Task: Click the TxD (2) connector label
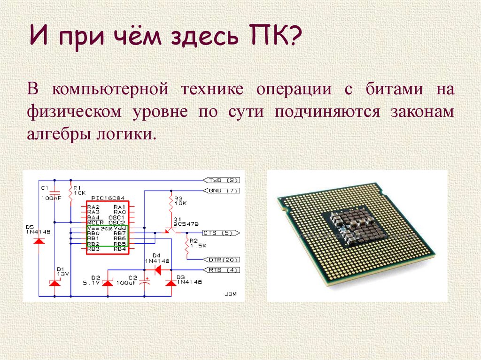point(222,180)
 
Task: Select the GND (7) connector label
point(222,191)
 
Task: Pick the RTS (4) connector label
point(222,270)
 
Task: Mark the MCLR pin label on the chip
point(93,222)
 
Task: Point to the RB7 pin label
point(120,233)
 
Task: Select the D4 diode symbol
point(157,270)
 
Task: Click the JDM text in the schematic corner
point(231,294)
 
